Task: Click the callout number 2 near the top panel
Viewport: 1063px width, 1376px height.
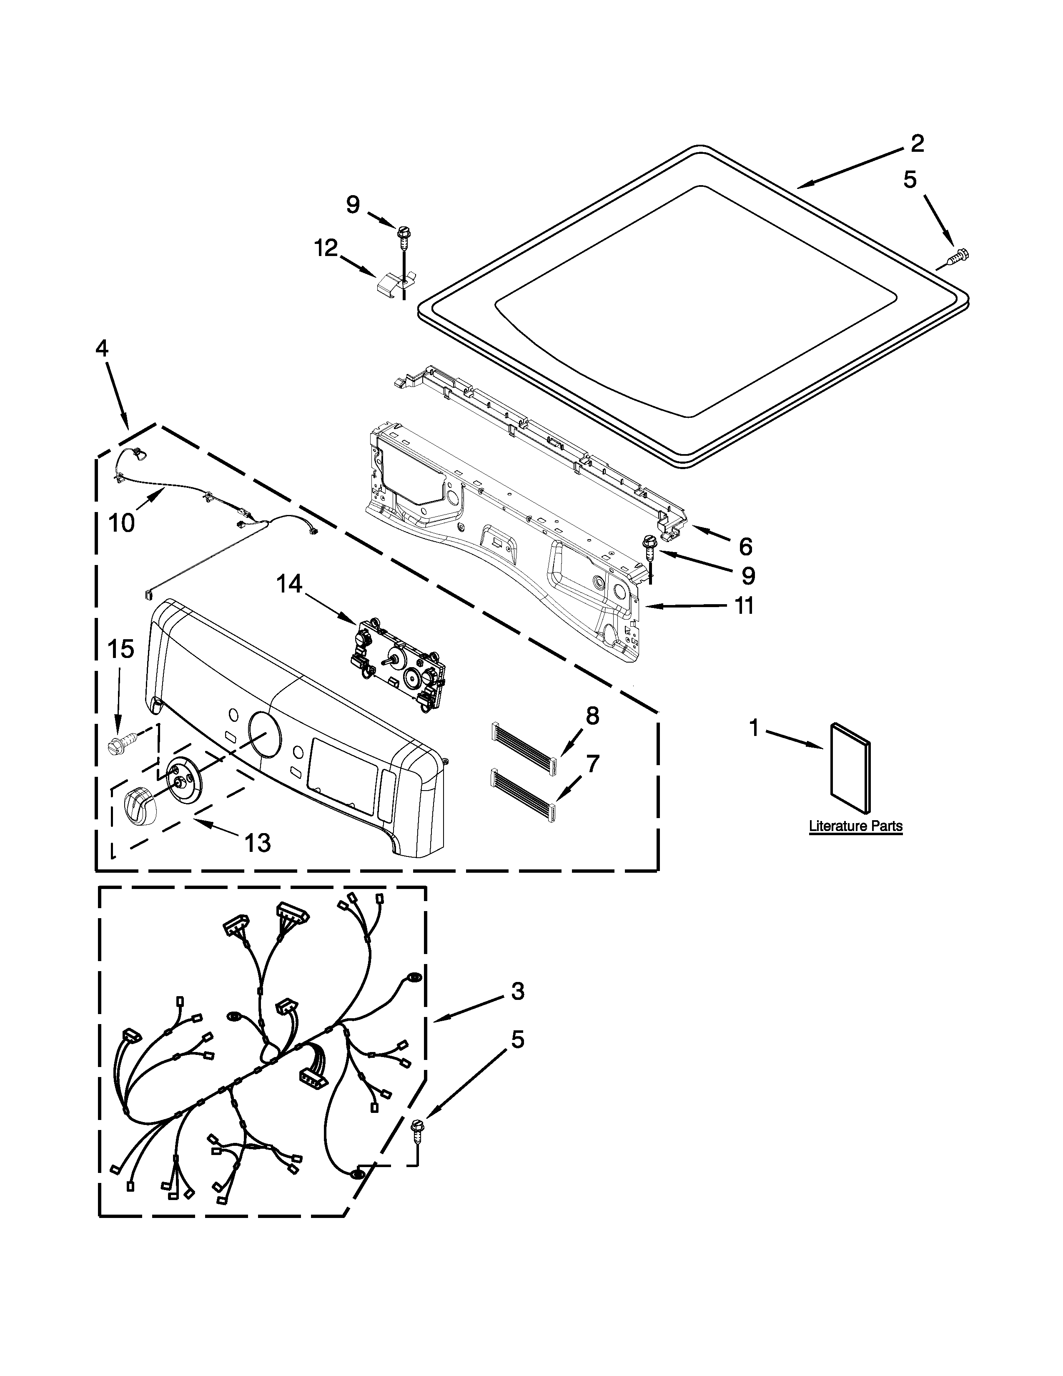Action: pyautogui.click(x=917, y=144)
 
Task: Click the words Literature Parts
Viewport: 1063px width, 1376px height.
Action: pyautogui.click(x=855, y=826)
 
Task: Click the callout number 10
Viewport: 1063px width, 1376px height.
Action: pyautogui.click(x=122, y=522)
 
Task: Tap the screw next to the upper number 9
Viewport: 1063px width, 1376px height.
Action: pyautogui.click(x=401, y=238)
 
